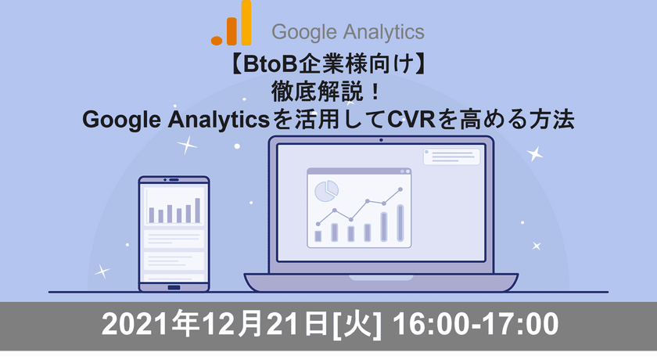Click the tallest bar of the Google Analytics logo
tap(246, 23)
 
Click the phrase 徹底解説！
tap(328, 92)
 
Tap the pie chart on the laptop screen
tap(325, 189)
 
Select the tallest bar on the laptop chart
tap(400, 222)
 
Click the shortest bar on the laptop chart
tap(318, 235)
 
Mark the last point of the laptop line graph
tap(400, 189)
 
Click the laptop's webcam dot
tap(380, 142)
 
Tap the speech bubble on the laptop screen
tap(451, 157)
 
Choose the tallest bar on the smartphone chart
tap(198, 210)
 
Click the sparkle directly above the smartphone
tap(187, 145)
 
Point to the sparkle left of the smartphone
tap(102, 272)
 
